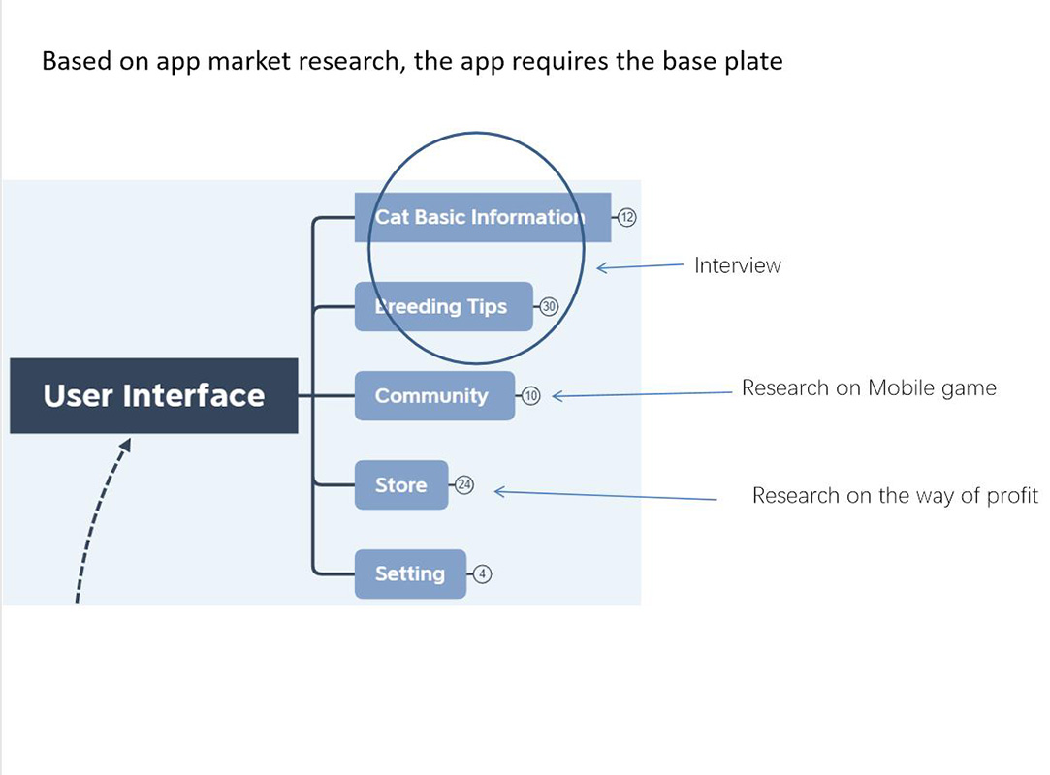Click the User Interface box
pyautogui.click(x=153, y=395)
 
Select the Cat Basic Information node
pyautogui.click(x=482, y=217)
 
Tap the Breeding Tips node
pyautogui.click(x=443, y=306)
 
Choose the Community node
pyautogui.click(x=433, y=395)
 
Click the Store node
pyautogui.click(x=400, y=484)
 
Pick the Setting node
pyautogui.click(x=409, y=573)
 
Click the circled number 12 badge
pyautogui.click(x=626, y=217)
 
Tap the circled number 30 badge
pyautogui.click(x=549, y=306)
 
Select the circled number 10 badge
pyautogui.click(x=531, y=395)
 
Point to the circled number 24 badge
pyautogui.click(x=464, y=484)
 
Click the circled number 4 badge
pyautogui.click(x=483, y=573)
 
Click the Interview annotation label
pyautogui.click(x=737, y=265)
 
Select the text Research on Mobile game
pyautogui.click(x=869, y=388)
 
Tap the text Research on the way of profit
pyautogui.click(x=894, y=496)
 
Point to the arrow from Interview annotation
pyautogui.click(x=640, y=265)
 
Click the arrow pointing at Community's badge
pyautogui.click(x=640, y=393)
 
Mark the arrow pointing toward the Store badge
pyautogui.click(x=606, y=495)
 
